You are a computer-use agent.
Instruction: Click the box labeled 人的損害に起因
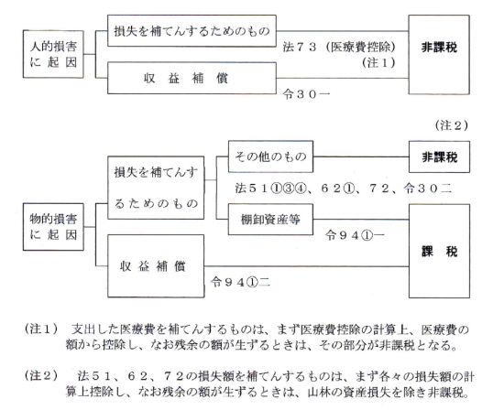[x=53, y=54]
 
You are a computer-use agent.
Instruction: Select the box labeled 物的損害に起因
[x=53, y=227]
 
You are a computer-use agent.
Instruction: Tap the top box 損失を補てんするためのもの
[x=192, y=31]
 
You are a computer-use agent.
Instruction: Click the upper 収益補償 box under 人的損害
[x=192, y=78]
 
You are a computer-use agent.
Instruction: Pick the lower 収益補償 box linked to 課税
[x=156, y=265]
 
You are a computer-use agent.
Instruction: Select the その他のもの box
[x=270, y=156]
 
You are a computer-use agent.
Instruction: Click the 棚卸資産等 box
[x=270, y=220]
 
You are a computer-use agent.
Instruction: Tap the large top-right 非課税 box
[x=439, y=55]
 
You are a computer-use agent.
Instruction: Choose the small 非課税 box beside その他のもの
[x=439, y=156]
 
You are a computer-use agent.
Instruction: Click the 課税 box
[x=439, y=251]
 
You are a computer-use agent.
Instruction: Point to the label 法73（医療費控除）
[x=339, y=48]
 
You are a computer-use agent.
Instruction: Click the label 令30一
[x=306, y=94]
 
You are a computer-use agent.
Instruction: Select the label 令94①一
[x=355, y=235]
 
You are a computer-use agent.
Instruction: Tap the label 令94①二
[x=240, y=282]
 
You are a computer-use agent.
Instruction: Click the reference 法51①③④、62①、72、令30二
[x=344, y=189]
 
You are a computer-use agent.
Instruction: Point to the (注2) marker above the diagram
[x=452, y=125]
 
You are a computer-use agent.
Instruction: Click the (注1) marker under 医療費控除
[x=379, y=62]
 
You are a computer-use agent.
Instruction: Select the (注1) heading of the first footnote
[x=42, y=329]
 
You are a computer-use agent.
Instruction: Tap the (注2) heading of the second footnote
[x=42, y=375]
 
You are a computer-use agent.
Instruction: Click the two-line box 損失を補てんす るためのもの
[x=156, y=188]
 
